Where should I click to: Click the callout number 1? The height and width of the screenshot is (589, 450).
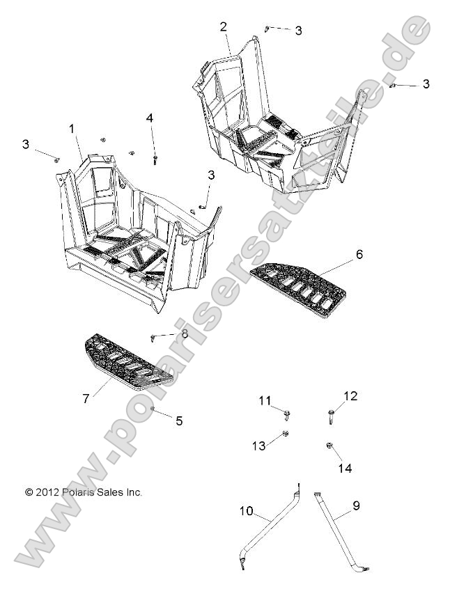72,129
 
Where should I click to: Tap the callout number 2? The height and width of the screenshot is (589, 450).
223,27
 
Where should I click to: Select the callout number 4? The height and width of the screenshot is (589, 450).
149,119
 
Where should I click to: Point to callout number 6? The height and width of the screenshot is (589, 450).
359,255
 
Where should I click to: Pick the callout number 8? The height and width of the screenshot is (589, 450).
185,334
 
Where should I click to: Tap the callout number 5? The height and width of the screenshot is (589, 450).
179,421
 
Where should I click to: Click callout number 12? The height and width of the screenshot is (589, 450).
350,397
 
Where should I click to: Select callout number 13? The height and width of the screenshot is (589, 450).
258,446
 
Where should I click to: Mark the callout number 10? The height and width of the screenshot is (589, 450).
246,512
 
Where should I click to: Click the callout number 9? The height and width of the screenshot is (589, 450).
356,507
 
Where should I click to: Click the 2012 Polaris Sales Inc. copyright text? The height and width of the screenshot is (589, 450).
84,492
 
